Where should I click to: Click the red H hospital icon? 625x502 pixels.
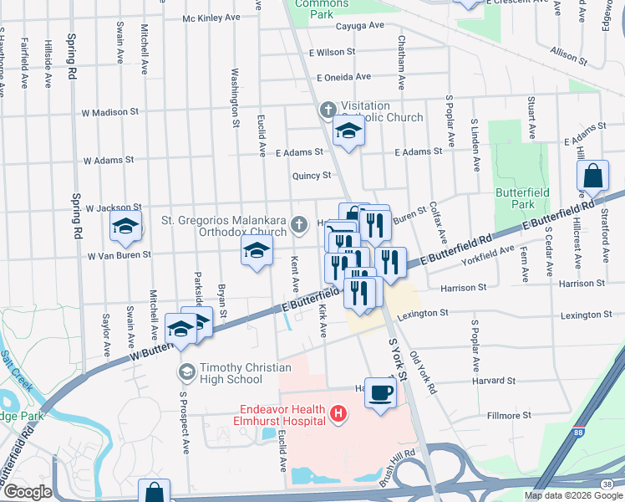pos(338,413)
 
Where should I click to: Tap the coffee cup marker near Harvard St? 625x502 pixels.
pos(381,392)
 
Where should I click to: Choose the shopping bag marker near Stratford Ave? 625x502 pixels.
pos(592,177)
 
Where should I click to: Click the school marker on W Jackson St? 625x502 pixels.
pos(126,227)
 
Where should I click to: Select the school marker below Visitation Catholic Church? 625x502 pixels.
pos(349,131)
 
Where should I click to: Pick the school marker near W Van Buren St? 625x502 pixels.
pos(257,249)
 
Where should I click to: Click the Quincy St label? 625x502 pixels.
pos(312,176)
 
